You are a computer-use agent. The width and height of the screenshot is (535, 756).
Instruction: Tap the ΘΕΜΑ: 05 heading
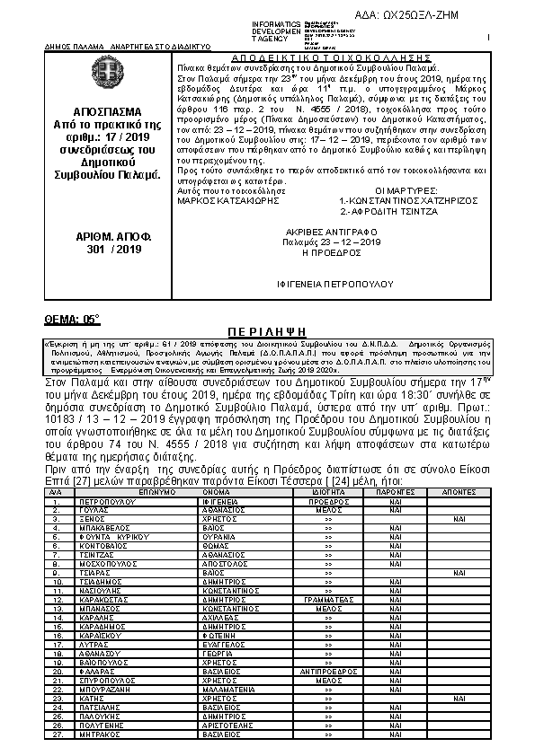tap(73, 319)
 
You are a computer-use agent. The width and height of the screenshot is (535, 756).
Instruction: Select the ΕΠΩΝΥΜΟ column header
tap(157, 492)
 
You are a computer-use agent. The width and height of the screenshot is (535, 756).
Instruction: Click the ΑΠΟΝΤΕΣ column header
tap(459, 492)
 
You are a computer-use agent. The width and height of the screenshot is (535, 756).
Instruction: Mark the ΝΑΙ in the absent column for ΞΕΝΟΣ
tap(459, 518)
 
